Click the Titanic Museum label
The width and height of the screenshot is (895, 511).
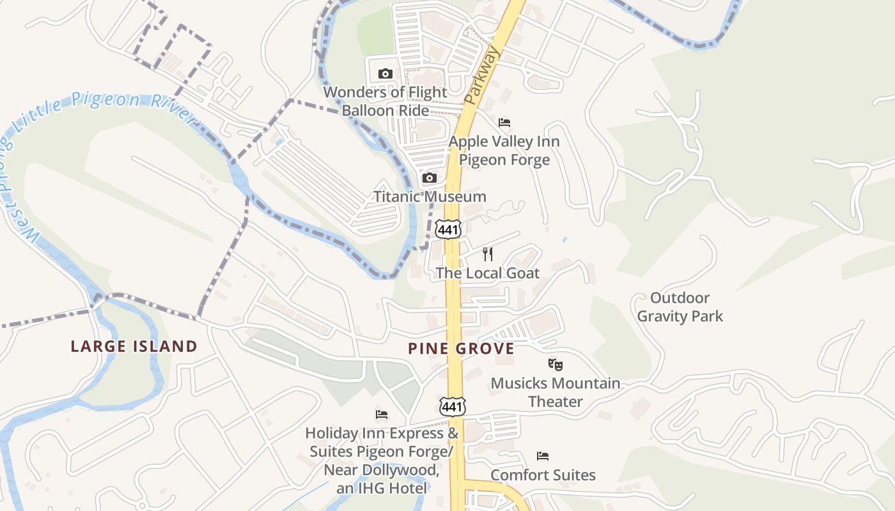pos(430,197)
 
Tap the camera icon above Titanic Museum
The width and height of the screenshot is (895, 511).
pos(430,178)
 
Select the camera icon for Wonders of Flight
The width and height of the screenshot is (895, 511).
pos(385,74)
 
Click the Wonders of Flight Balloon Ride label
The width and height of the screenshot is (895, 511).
pos(385,101)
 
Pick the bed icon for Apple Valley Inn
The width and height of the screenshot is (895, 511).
pos(504,123)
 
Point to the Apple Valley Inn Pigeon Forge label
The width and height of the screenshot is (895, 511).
pos(504,151)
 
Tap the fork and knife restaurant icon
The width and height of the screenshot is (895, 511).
pos(488,254)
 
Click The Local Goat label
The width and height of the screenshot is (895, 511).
pos(487,273)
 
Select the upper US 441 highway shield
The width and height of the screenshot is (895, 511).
pos(449,229)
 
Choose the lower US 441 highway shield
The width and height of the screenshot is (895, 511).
pos(453,406)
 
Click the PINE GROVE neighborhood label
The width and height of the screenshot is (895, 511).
pos(461,349)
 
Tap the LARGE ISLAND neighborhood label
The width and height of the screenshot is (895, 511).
pos(134,347)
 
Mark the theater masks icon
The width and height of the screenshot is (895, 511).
pos(555,365)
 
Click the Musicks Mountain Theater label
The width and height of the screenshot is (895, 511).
pos(555,392)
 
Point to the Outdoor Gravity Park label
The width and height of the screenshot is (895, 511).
pos(680,307)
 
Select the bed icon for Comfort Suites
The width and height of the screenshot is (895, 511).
pos(543,456)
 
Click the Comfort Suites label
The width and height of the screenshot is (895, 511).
pos(543,475)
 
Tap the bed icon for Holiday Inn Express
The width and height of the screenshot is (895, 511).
pos(382,415)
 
